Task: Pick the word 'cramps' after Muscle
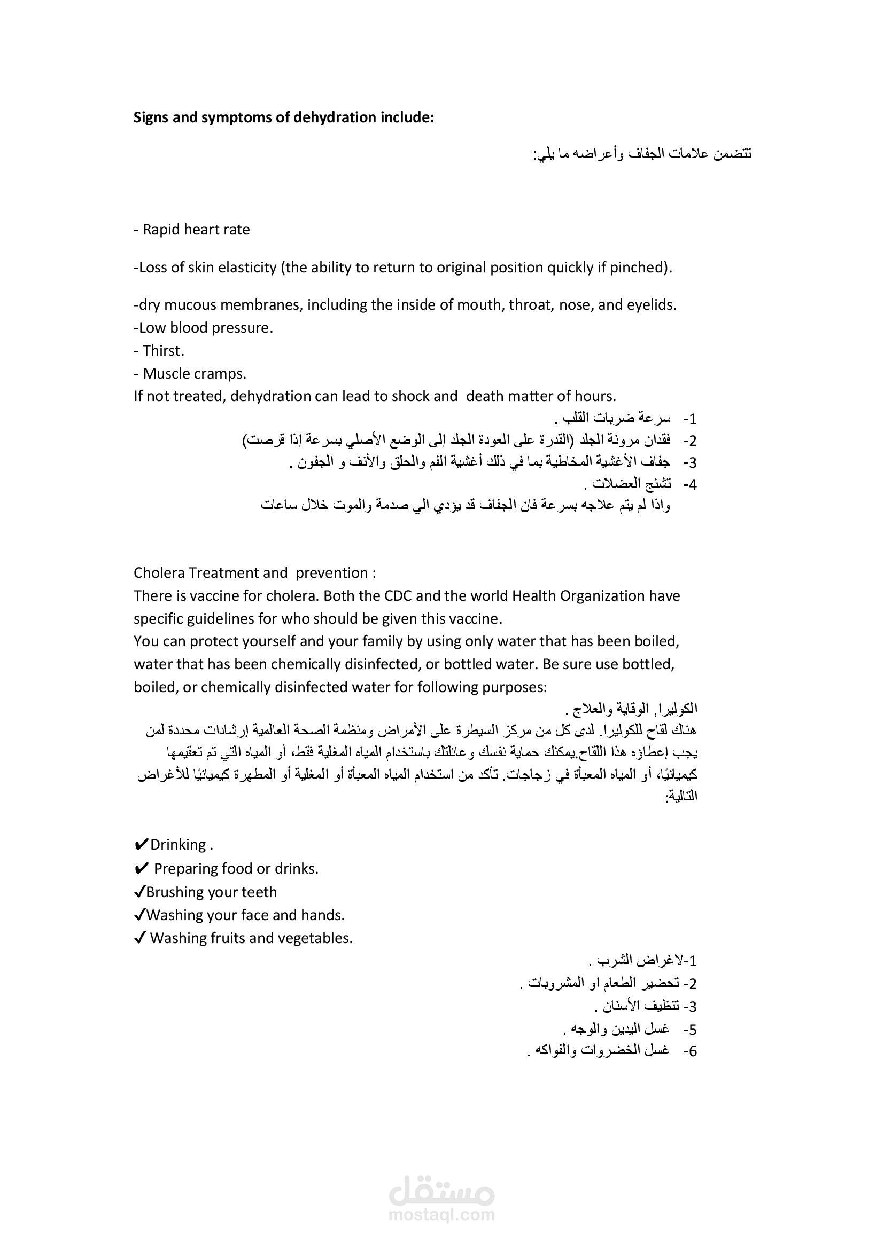pyautogui.click(x=223, y=374)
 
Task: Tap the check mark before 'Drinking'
pyautogui.click(x=141, y=845)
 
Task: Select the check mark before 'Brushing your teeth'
pyautogui.click(x=139, y=892)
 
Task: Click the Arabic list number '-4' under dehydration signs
pyautogui.click(x=689, y=484)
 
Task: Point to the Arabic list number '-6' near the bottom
pyautogui.click(x=689, y=1051)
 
